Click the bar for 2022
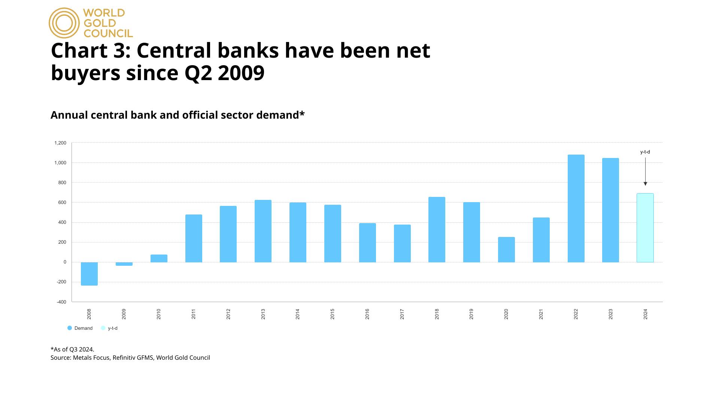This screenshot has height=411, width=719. tap(576, 208)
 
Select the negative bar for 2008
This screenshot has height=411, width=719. tap(89, 274)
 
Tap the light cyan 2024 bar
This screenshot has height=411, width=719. tap(645, 228)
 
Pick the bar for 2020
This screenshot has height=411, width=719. tap(506, 249)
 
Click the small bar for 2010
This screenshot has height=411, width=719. tap(159, 258)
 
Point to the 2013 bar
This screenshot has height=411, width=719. tap(263, 231)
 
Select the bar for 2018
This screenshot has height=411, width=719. tap(437, 229)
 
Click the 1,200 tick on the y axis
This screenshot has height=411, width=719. tap(60, 143)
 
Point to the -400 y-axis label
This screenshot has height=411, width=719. tap(61, 302)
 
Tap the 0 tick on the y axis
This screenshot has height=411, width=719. tap(65, 262)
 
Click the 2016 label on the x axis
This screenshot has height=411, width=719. tap(367, 314)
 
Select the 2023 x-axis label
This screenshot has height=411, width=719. tap(611, 314)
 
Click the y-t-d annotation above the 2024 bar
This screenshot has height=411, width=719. tap(645, 152)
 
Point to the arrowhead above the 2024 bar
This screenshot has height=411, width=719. tap(645, 184)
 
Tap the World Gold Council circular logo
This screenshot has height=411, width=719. tap(64, 23)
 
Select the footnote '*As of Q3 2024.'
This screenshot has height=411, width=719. tap(72, 349)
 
